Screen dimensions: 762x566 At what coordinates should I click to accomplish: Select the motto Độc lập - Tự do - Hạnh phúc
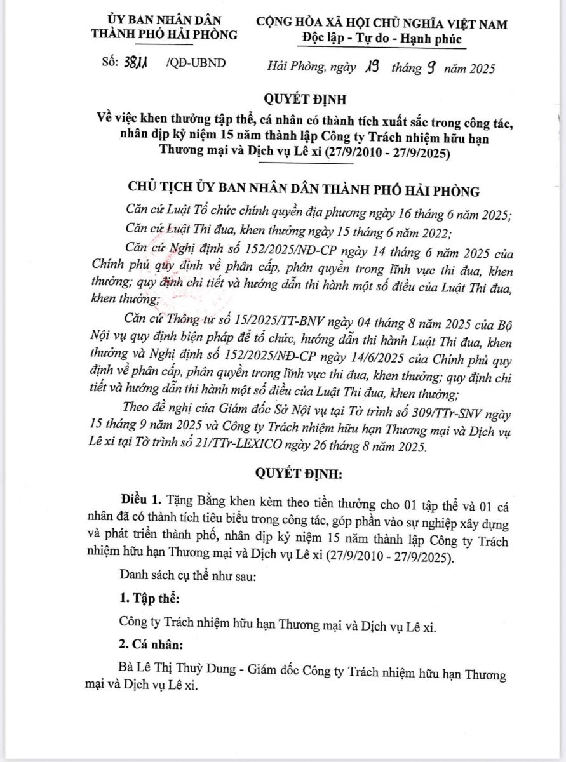[x=382, y=39]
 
